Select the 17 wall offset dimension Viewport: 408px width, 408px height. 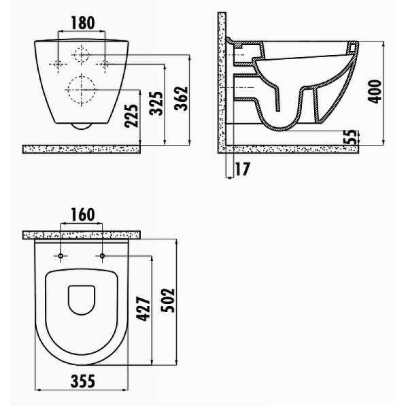point(241,169)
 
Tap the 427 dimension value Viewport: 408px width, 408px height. point(143,310)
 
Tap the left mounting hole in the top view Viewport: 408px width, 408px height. point(62,256)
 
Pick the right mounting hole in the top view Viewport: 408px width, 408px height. point(103,256)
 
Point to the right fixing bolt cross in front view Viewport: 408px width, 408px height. point(105,64)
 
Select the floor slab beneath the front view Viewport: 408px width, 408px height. point(82,148)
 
